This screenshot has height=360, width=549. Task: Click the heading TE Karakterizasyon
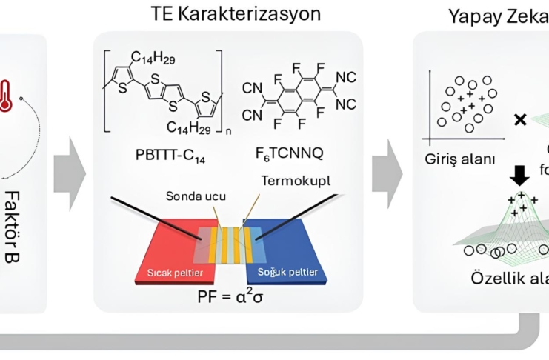[x=227, y=14]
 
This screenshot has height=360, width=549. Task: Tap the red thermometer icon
[x=8, y=96]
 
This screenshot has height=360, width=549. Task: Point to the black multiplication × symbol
[x=521, y=119]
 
